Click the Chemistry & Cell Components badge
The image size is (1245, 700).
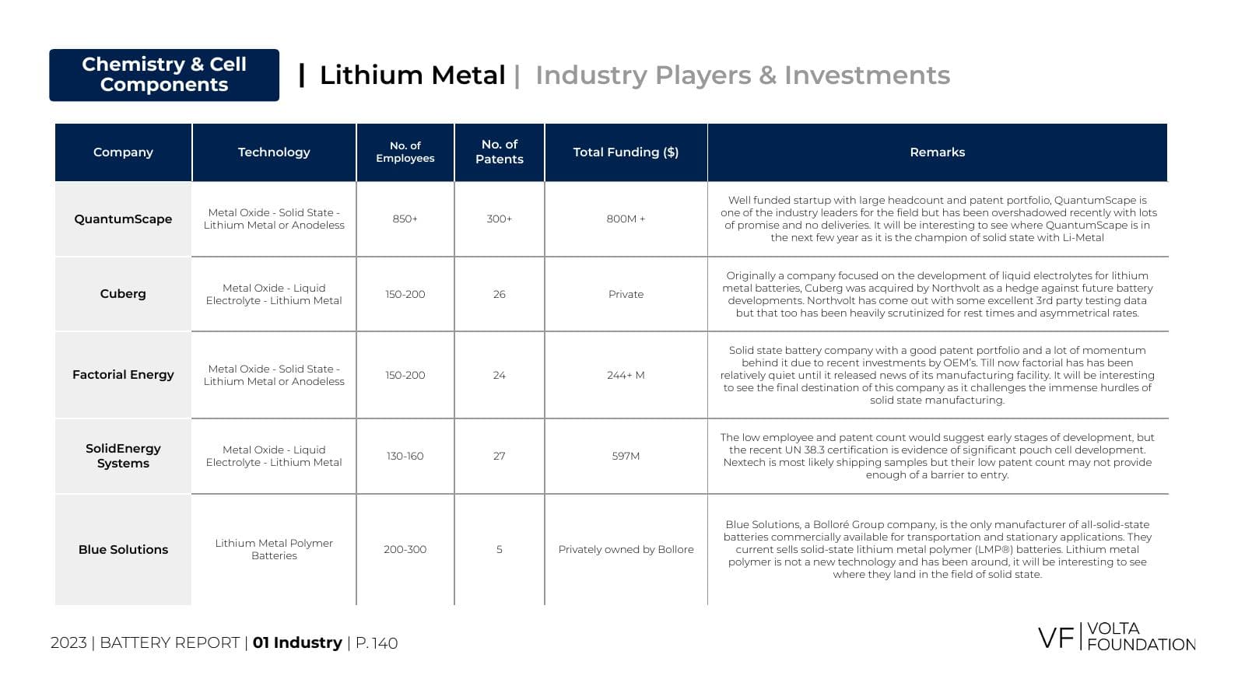click(164, 75)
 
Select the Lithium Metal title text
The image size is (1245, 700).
click(412, 75)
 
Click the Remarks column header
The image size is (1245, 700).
click(937, 152)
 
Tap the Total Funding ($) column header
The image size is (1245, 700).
click(626, 152)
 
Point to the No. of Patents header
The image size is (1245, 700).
click(499, 152)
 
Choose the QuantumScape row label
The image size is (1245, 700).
click(123, 219)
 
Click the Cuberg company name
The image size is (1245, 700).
click(123, 294)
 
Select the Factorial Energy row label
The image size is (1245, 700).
click(123, 375)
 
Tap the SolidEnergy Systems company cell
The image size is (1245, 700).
click(123, 456)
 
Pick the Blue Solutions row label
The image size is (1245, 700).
click(123, 549)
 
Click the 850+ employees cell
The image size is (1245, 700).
click(405, 219)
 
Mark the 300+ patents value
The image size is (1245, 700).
click(499, 219)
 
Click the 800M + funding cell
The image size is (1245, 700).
click(626, 219)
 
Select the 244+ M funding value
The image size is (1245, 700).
click(626, 375)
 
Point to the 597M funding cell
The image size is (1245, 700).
click(626, 456)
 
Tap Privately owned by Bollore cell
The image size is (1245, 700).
click(626, 549)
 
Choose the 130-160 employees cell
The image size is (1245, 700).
click(405, 456)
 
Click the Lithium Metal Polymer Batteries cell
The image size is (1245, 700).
click(274, 549)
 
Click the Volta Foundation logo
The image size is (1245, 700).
click(1117, 637)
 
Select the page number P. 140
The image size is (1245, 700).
click(377, 643)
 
